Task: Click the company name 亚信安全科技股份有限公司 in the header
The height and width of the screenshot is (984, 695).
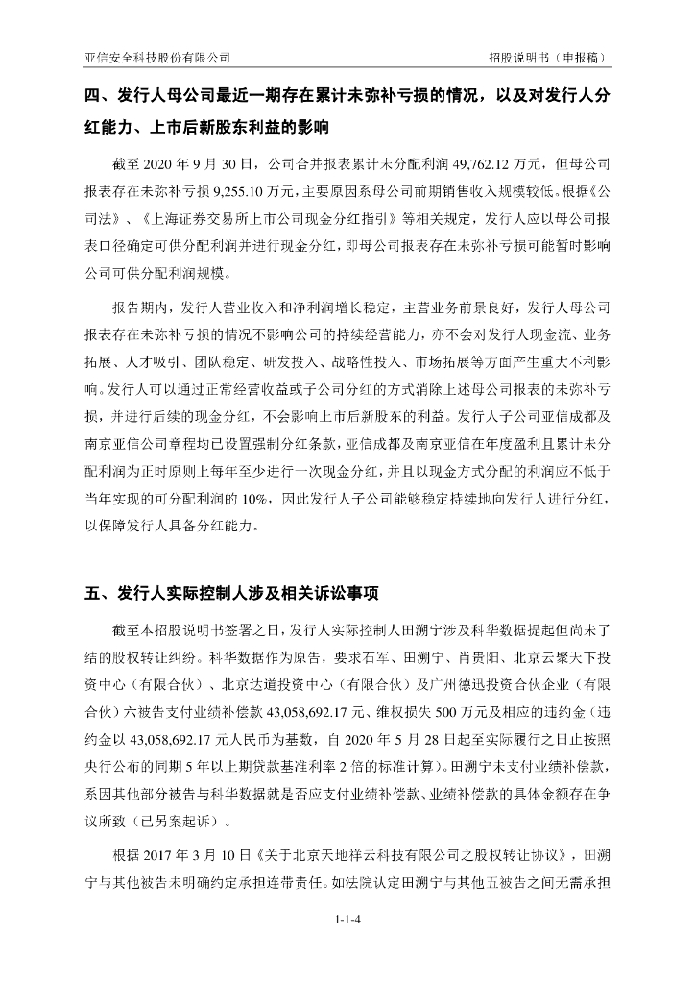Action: (x=157, y=58)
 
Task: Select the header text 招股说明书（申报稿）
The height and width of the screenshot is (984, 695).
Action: (x=549, y=58)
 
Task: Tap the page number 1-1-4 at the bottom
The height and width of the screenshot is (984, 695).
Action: (x=347, y=919)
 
